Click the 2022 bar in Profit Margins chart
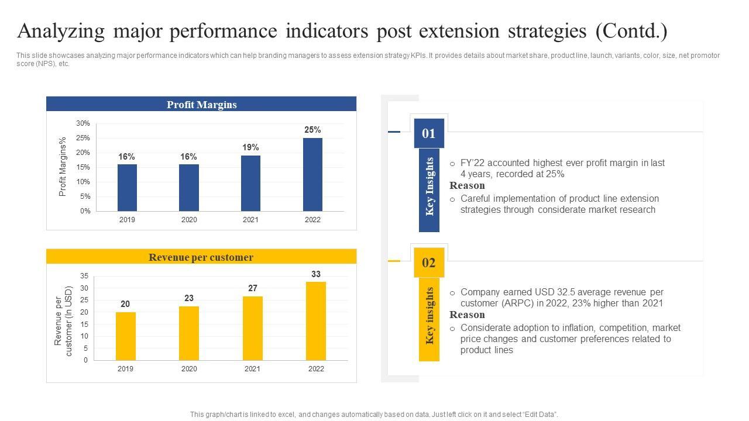pos(312,174)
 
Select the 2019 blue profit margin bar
pos(127,187)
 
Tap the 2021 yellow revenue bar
pos(253,328)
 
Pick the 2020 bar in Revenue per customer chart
pos(189,333)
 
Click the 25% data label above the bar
pos(312,130)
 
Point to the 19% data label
pos(250,147)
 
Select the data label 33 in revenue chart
pos(316,274)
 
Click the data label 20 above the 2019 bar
pos(125,304)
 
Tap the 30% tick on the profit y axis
pos(83,123)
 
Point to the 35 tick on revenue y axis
pos(84,276)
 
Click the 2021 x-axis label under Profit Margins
pos(250,220)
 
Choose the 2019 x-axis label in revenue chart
pos(125,369)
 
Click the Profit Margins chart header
pos(201,105)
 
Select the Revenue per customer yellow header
pos(201,257)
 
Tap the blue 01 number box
pos(429,133)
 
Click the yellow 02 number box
pos(429,263)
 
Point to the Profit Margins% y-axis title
pos(63,167)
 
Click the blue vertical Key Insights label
pos(430,187)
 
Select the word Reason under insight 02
pos(467,315)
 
